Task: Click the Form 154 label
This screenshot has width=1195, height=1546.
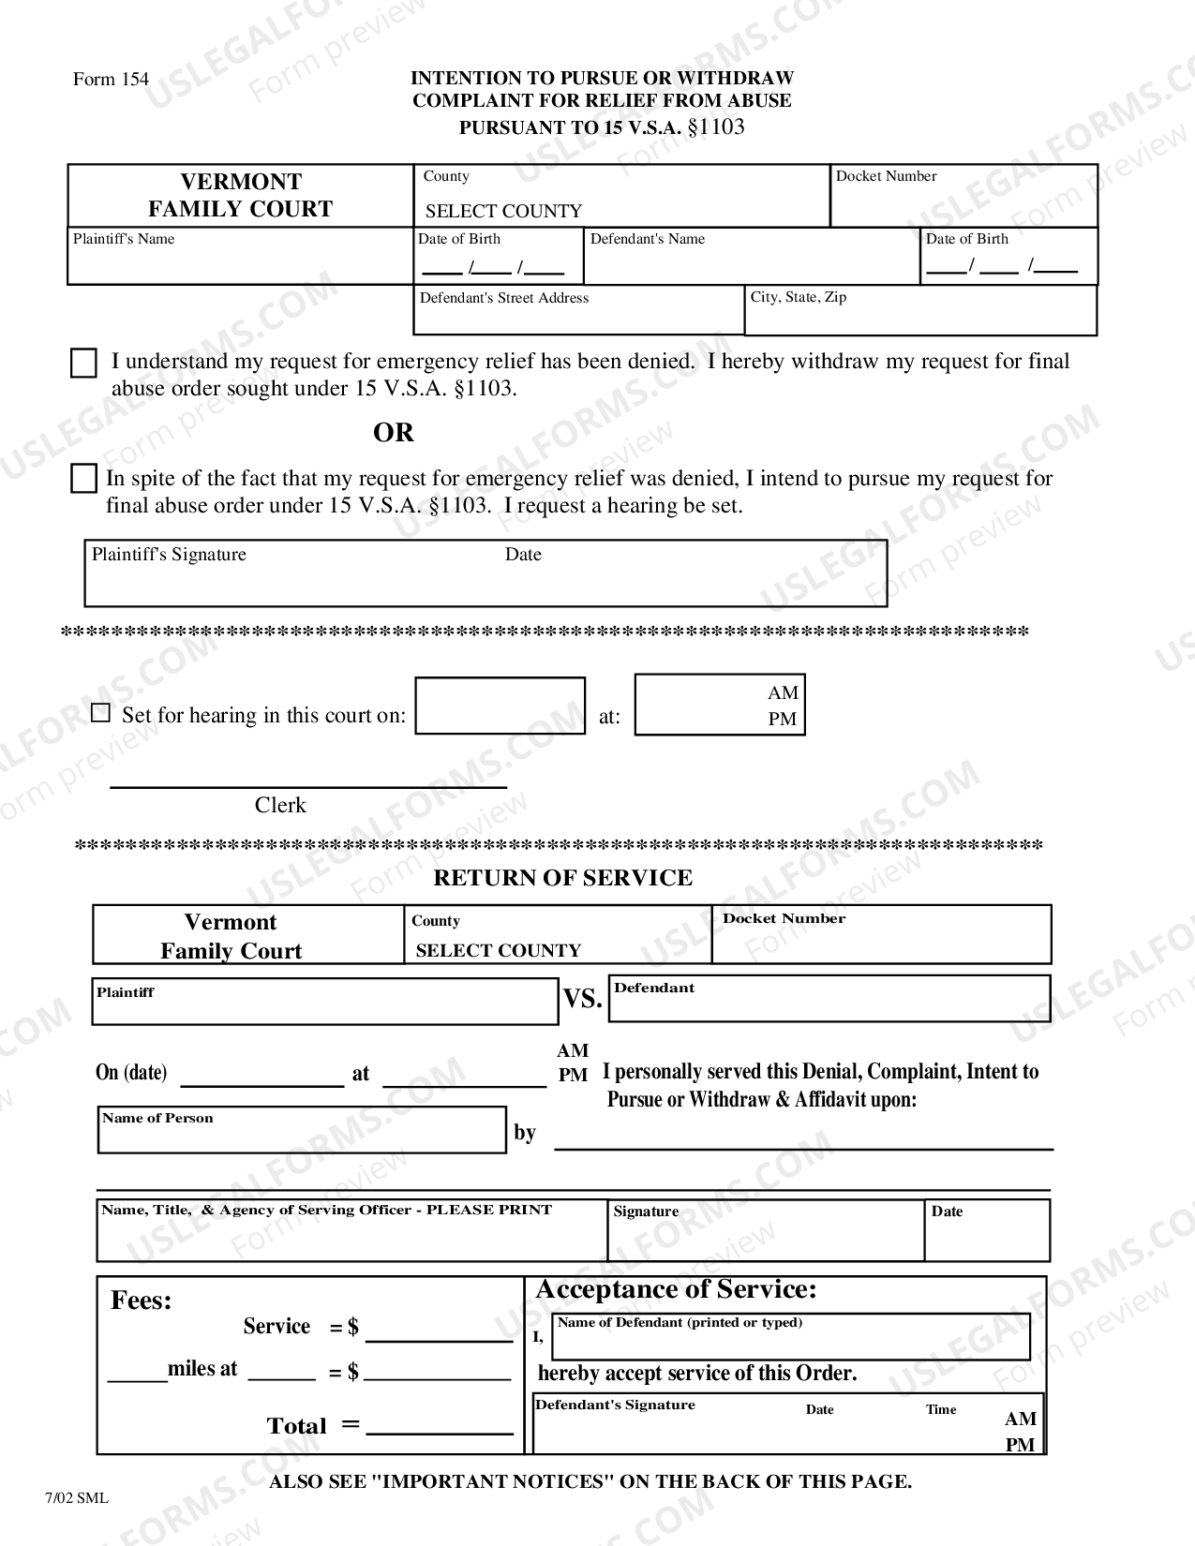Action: point(111,80)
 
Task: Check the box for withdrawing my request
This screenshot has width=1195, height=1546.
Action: point(83,364)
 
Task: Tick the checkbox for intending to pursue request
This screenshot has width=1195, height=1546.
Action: point(83,479)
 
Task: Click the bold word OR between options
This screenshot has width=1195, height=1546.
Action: point(393,433)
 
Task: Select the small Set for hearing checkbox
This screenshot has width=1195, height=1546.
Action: point(100,714)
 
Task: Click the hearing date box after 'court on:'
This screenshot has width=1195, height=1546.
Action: point(500,706)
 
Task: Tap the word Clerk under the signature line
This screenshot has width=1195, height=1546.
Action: point(280,806)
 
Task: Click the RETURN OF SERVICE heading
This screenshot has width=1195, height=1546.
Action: point(562,878)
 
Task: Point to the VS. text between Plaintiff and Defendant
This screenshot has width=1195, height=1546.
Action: point(582,1000)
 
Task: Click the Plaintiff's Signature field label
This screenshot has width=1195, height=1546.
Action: point(169,555)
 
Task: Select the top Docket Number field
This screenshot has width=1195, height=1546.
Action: point(963,197)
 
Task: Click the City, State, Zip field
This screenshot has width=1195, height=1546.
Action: point(919,311)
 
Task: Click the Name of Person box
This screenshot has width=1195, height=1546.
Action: point(301,1130)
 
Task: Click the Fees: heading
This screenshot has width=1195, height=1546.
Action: point(142,1301)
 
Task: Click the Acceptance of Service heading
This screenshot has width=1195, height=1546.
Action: point(676,1290)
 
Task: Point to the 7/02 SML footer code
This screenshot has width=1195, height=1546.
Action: point(76,1497)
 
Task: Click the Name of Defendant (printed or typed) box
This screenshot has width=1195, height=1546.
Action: point(790,1338)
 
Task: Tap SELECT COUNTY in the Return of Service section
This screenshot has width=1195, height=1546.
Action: point(499,951)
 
